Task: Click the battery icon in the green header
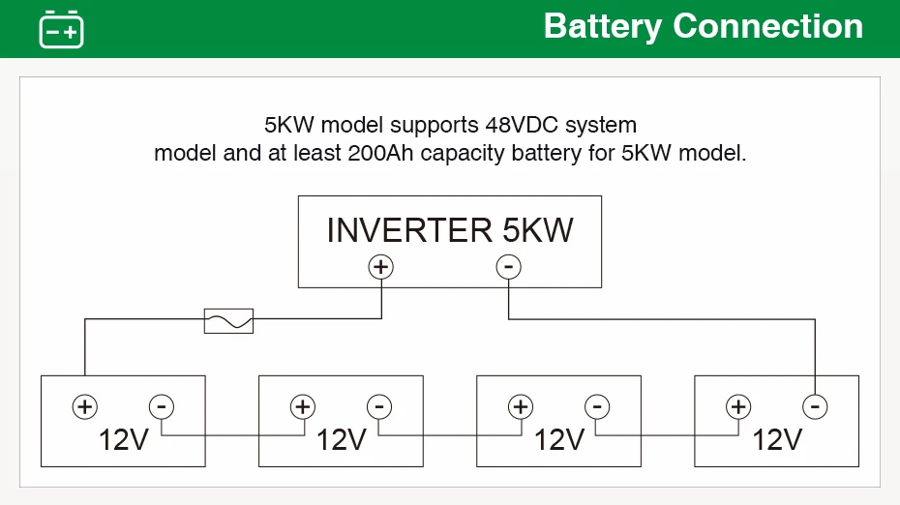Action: click(x=61, y=29)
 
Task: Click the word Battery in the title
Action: click(x=603, y=27)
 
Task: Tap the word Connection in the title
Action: click(x=768, y=26)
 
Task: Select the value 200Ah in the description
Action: click(x=380, y=153)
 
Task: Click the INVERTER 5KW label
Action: click(x=450, y=230)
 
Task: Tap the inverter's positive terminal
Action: click(x=381, y=267)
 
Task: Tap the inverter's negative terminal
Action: click(x=508, y=267)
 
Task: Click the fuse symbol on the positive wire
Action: click(x=228, y=321)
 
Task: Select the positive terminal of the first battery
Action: click(x=85, y=407)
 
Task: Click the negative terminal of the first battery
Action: click(x=162, y=407)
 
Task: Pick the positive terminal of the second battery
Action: click(x=303, y=407)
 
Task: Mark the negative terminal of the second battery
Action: click(x=379, y=407)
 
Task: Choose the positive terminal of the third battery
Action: click(x=521, y=407)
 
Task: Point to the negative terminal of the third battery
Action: click(x=597, y=407)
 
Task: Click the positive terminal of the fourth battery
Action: click(x=738, y=407)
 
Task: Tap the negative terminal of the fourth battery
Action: click(x=815, y=407)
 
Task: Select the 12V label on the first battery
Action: click(x=124, y=440)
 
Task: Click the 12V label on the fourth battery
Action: click(x=777, y=440)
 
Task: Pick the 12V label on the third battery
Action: click(x=559, y=440)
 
